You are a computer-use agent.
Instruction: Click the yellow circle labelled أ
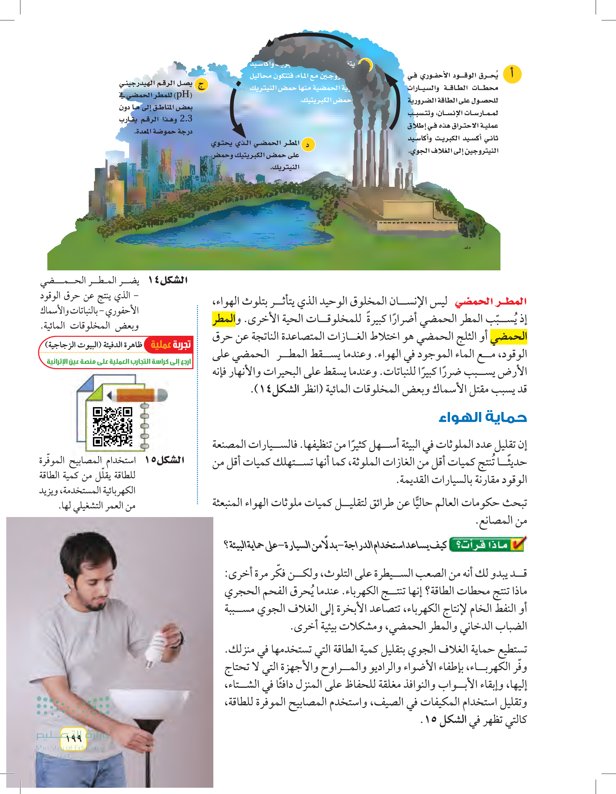tap(512, 74)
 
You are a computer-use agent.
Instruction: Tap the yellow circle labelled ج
tap(202, 85)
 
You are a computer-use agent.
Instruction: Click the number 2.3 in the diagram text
tap(186, 119)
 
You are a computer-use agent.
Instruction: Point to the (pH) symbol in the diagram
tap(183, 95)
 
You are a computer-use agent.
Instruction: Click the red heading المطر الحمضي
tap(491, 301)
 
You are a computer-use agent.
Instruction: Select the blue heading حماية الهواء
tap(483, 416)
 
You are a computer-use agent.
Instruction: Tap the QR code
tap(112, 426)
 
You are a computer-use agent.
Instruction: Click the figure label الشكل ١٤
tap(168, 280)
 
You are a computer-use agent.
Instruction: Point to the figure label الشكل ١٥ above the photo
tap(165, 460)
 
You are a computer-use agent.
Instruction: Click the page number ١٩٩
tap(74, 738)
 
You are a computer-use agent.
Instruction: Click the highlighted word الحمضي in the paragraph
tap(508, 337)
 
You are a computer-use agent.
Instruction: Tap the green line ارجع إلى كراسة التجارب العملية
tap(119, 362)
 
